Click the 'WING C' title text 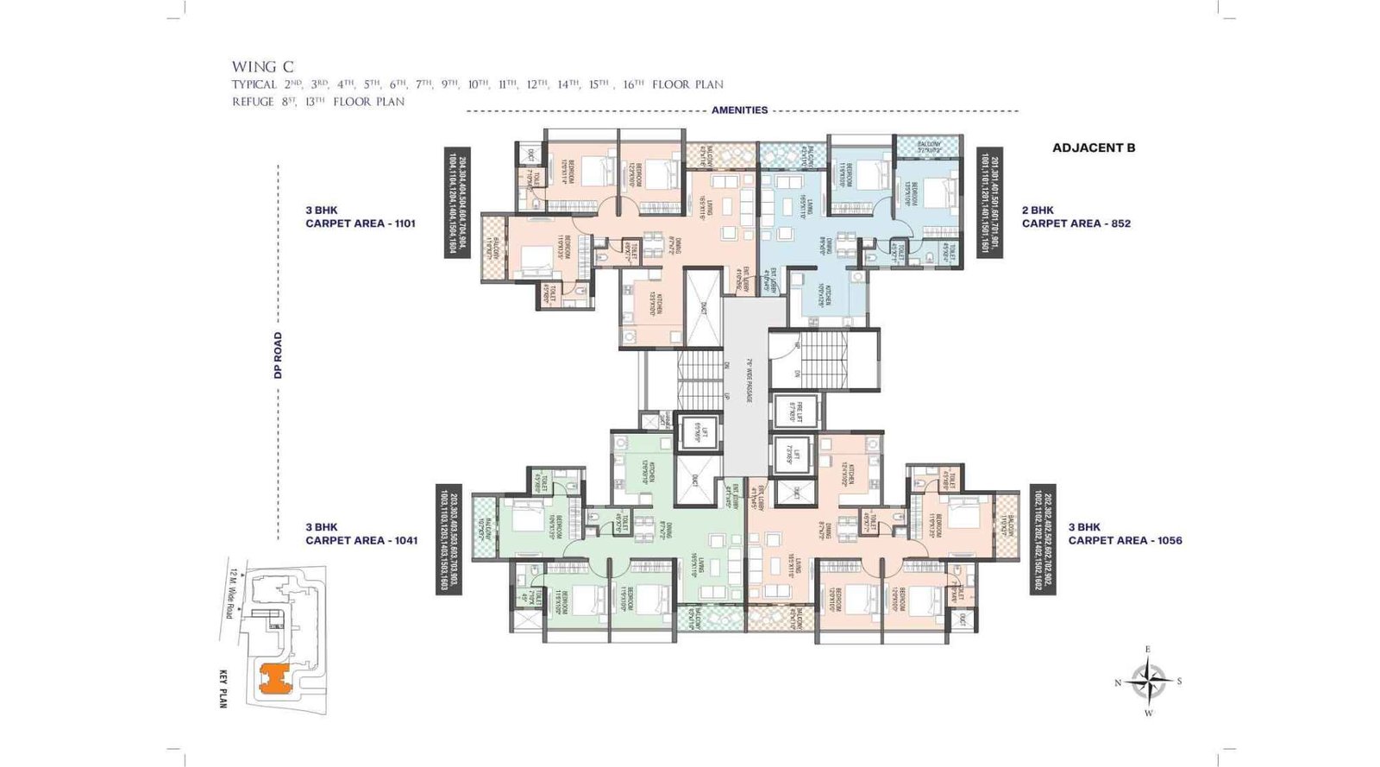pos(262,66)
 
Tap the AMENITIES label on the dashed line pos(739,110)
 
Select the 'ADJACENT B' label pos(1093,148)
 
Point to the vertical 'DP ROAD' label pos(278,355)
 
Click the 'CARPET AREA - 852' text pos(1076,223)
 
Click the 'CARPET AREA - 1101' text pos(360,223)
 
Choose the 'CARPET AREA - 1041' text pos(361,540)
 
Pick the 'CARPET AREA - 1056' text pos(1125,540)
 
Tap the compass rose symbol pos(1148,681)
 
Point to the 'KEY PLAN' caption pos(223,688)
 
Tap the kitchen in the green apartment pos(643,472)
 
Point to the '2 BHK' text pos(1038,210)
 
